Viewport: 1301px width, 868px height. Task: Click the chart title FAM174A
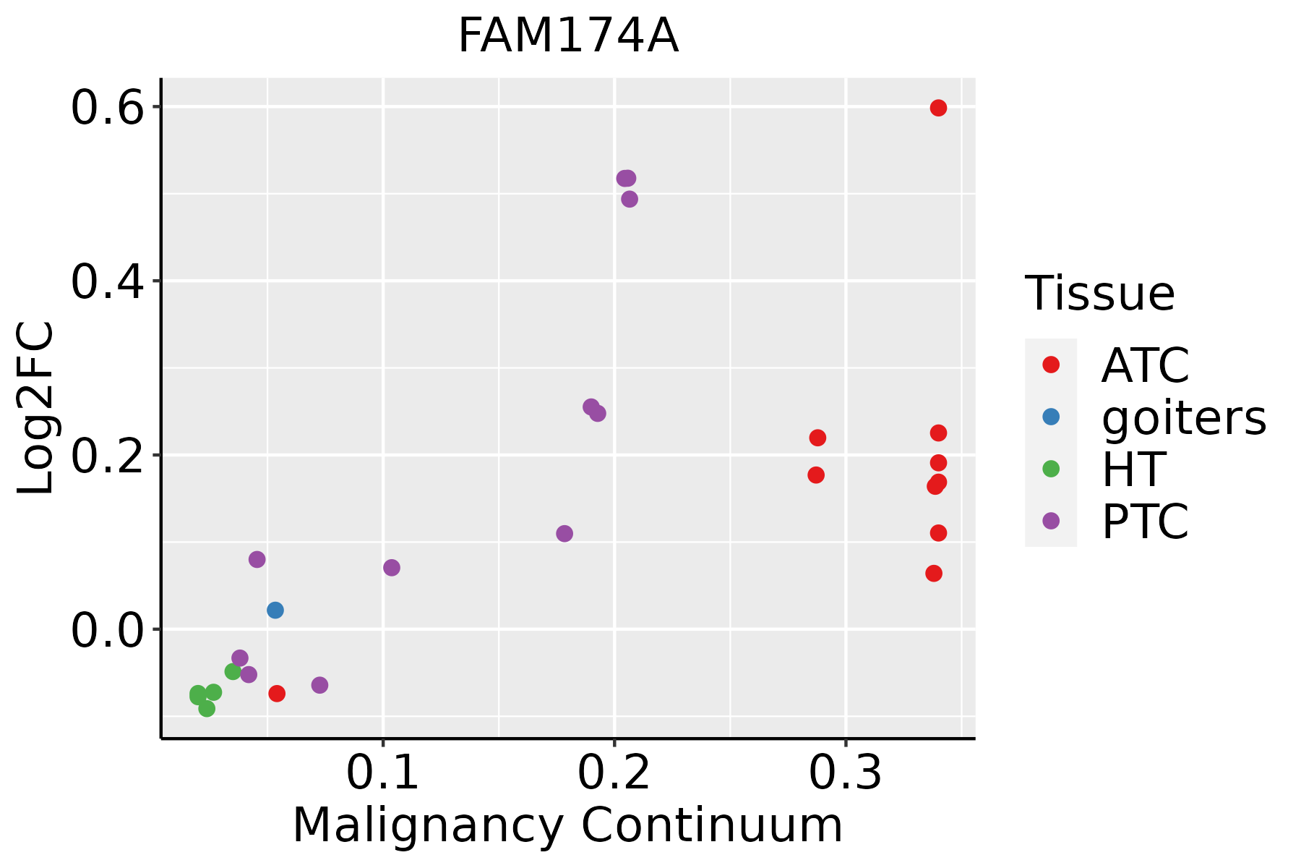tap(568, 36)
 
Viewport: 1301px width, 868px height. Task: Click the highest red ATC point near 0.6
tap(938, 108)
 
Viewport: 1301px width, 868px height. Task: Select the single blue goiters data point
tap(275, 610)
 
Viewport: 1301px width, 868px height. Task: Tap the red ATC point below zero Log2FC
tap(277, 694)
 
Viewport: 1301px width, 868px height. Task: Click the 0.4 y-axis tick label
tap(107, 282)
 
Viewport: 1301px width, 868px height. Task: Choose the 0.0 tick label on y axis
tap(107, 630)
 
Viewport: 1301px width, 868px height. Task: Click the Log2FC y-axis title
tap(36, 409)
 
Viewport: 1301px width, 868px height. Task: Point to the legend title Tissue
tap(1100, 294)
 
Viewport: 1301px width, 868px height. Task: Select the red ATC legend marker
tap(1051, 365)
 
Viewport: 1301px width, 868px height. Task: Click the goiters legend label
tap(1184, 417)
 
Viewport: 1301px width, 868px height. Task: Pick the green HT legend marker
tap(1051, 469)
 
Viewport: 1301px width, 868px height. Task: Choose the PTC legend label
tap(1145, 521)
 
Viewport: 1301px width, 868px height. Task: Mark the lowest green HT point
tap(207, 708)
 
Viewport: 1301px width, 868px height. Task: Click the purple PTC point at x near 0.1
tap(392, 568)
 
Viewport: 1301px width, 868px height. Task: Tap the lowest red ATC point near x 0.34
tap(934, 574)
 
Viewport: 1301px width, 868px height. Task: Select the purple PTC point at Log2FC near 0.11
tap(564, 534)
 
